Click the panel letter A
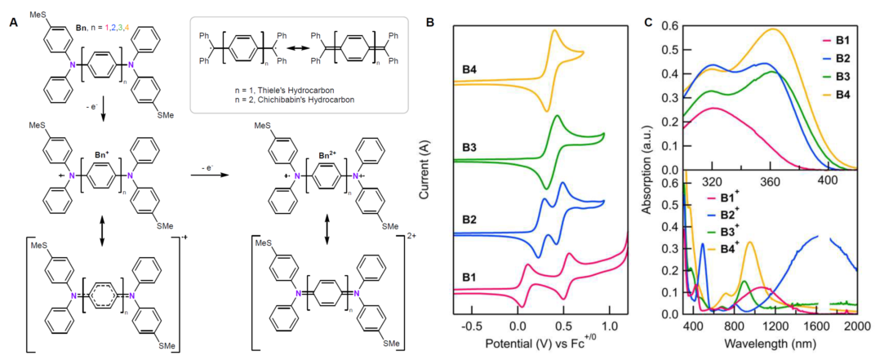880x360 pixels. click(14, 22)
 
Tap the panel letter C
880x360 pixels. click(650, 22)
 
